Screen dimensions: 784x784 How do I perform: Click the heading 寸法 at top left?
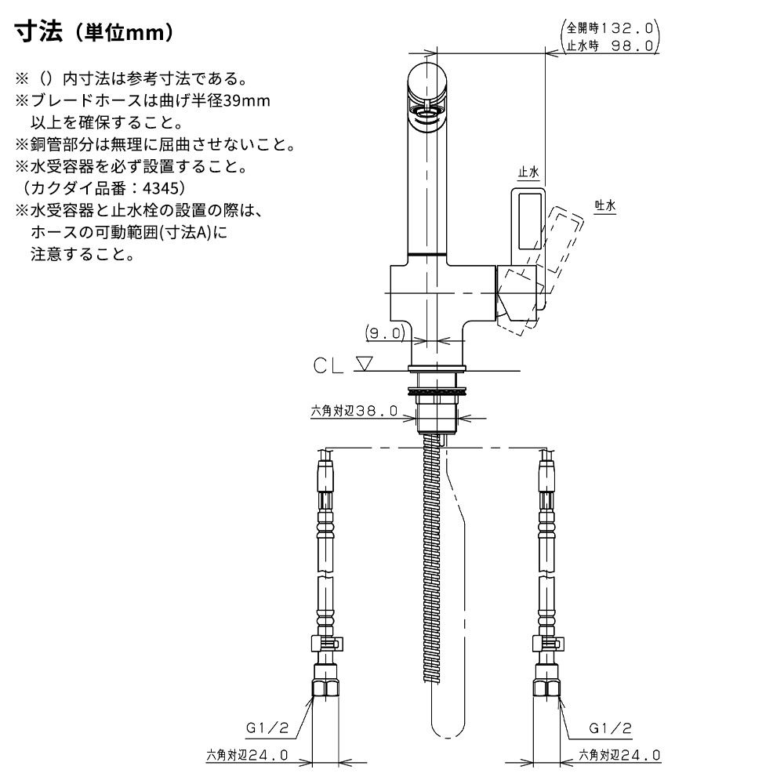tap(39, 32)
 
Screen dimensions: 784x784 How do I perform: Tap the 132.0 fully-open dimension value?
tap(627, 28)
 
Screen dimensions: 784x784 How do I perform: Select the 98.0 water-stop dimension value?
tap(633, 46)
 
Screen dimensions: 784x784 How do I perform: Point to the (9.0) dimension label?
tap(384, 332)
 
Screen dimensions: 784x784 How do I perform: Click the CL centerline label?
tap(328, 365)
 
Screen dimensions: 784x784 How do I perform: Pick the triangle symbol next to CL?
tap(365, 363)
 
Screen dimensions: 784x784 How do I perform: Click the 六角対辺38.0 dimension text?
tap(354, 411)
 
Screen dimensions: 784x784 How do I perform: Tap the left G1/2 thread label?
tap(267, 728)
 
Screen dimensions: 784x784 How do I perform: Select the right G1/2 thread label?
tap(610, 728)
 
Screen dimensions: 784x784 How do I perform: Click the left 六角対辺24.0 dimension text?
tap(247, 755)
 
